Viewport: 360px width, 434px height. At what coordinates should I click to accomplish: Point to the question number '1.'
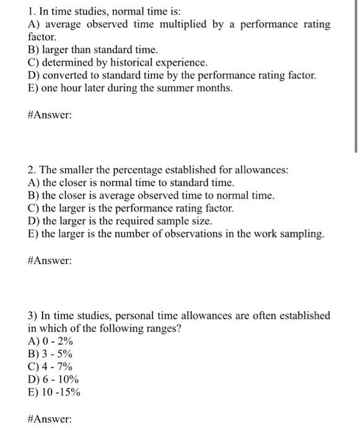tap(32, 11)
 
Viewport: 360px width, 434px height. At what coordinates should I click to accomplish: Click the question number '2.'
tap(32, 169)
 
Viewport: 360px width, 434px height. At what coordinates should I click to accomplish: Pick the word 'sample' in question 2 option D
tap(179, 221)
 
